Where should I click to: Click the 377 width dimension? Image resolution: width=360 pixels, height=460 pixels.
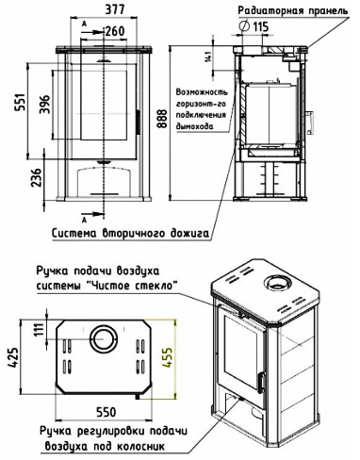[114, 9]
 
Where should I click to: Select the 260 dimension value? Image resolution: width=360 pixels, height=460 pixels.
[115, 31]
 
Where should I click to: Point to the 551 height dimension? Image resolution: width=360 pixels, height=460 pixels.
[19, 102]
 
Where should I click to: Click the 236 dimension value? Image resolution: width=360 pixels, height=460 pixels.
[37, 178]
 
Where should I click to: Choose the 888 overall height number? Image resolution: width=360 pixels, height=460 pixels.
[162, 119]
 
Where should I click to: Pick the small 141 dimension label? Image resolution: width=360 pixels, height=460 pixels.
[207, 57]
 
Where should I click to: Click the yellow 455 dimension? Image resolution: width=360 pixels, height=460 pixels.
[168, 357]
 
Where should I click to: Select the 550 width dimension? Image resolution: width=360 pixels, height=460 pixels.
[106, 412]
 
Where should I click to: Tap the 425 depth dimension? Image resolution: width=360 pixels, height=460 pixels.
[13, 357]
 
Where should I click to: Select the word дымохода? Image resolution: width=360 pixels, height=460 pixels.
[195, 126]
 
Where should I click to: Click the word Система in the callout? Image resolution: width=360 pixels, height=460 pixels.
[74, 234]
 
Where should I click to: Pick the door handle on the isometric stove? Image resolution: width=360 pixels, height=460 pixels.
[261, 383]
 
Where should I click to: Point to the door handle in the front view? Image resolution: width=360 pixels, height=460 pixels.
[138, 122]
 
